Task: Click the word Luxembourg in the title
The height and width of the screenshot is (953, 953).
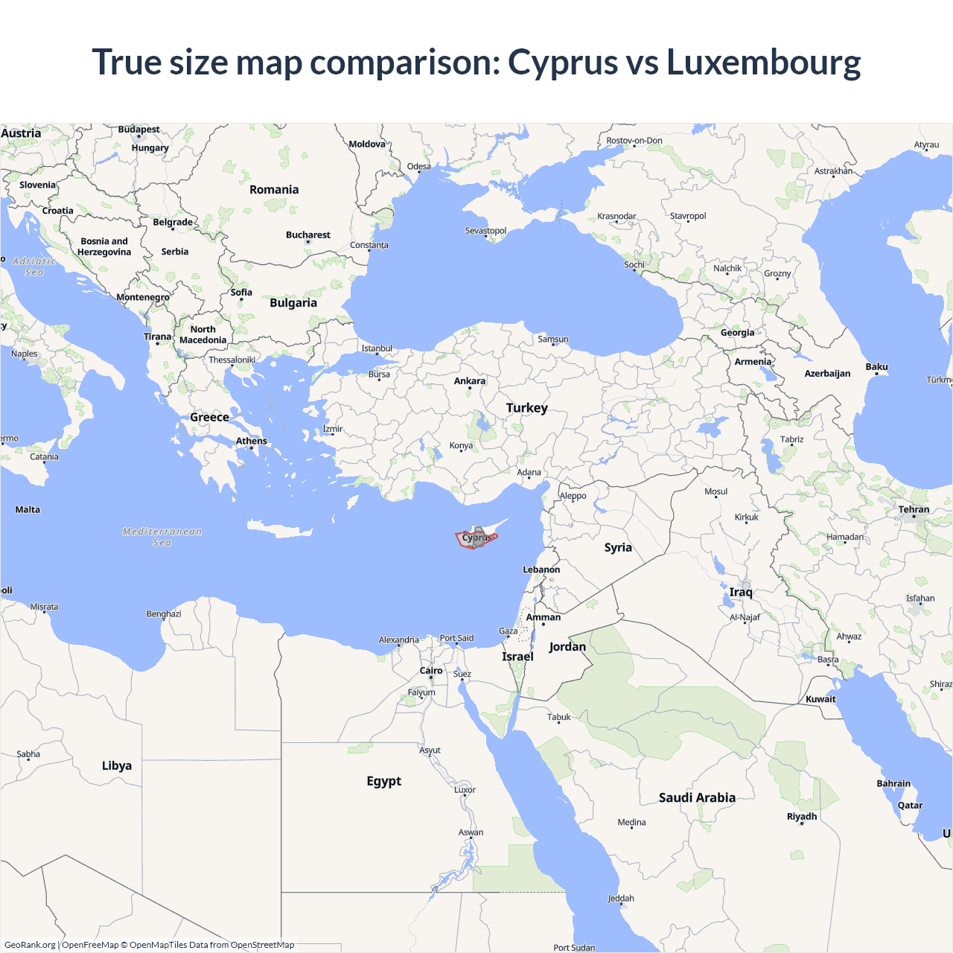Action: pos(763,63)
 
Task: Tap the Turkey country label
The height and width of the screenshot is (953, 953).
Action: pos(526,408)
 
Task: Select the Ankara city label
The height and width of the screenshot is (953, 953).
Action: pos(469,381)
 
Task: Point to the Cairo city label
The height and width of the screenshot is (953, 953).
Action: pos(431,671)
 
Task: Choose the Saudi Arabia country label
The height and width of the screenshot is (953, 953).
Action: pos(697,797)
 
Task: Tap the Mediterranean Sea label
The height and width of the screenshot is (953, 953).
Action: pos(162,537)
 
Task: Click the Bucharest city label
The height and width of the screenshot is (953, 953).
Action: pos(307,235)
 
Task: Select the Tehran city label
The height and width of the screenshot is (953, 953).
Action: pos(914,510)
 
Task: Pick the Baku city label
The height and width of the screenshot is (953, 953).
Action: pos(876,367)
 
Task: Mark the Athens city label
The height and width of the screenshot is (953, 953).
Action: pos(251,442)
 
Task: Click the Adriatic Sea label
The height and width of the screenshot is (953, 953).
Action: pos(34,267)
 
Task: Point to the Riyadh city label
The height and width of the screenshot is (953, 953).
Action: pos(802,817)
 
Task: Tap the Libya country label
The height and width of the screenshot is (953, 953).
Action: pos(117,765)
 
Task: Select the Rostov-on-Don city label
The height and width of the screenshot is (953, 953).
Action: pos(634,141)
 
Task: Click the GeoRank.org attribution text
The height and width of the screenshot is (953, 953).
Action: pos(30,945)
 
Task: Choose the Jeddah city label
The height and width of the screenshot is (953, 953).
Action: pos(620,899)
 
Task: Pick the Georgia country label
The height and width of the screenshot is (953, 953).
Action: pos(737,333)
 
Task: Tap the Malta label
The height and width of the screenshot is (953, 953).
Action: pos(28,510)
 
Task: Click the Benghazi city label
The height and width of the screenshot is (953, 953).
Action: pos(164,614)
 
